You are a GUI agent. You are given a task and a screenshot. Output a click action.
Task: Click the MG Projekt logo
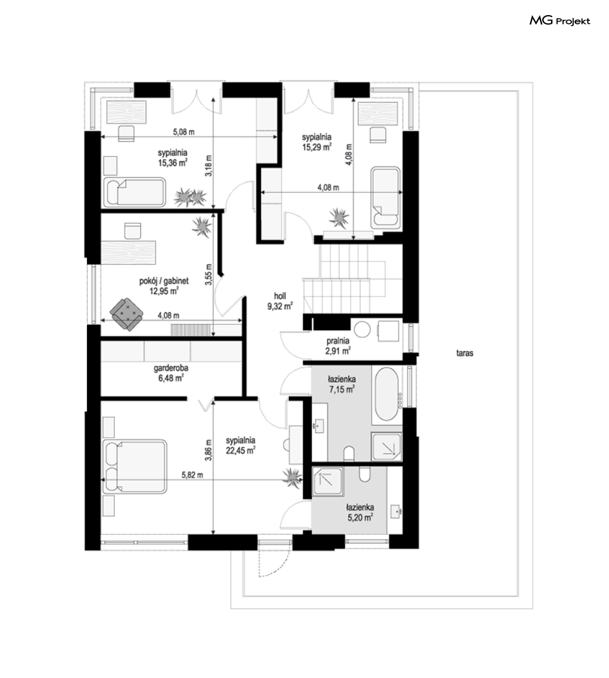560,21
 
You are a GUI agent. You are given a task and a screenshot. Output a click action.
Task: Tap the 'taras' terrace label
465,353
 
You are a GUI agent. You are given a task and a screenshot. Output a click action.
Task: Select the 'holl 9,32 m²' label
280,302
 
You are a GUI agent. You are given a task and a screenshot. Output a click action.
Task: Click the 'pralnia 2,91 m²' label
338,346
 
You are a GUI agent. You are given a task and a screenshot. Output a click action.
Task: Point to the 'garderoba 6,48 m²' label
171,373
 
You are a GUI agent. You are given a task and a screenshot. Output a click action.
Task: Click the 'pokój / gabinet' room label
164,281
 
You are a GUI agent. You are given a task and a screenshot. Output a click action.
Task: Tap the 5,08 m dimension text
184,132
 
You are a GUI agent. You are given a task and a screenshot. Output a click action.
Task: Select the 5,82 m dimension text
192,475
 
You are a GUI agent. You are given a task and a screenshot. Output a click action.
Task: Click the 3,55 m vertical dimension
209,274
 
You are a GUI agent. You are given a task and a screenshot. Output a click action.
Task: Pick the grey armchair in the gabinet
126,314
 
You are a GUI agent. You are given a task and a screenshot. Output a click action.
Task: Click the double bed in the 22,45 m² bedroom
134,467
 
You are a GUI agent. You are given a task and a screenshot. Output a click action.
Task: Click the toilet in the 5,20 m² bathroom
365,474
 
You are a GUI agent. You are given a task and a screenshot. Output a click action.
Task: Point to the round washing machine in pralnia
362,329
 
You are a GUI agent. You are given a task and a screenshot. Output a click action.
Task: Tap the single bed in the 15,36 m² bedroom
134,191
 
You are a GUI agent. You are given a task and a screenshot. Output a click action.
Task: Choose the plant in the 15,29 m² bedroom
339,217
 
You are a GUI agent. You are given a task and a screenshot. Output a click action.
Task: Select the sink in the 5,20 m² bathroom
397,512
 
